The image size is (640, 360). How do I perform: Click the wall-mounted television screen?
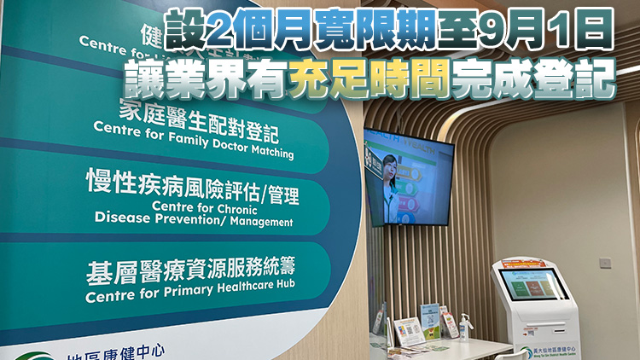tap(408, 177)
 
